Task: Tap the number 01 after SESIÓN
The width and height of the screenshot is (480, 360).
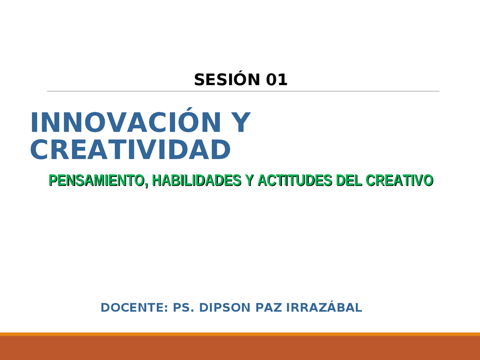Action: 277,80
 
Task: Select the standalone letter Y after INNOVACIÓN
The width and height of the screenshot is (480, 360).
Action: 239,123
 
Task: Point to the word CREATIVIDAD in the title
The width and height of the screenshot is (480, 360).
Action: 130,150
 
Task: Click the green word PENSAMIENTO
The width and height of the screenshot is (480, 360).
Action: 96,180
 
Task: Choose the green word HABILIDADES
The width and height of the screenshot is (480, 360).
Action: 196,180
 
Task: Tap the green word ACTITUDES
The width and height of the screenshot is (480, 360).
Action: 294,180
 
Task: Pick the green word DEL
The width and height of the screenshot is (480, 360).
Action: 349,180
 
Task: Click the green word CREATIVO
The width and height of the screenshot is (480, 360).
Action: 399,180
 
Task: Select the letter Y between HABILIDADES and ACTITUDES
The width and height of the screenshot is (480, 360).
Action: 249,180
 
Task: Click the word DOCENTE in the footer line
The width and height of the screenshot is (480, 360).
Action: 133,307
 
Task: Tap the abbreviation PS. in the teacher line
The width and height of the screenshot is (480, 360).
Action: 183,307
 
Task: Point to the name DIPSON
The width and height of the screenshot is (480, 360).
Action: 225,307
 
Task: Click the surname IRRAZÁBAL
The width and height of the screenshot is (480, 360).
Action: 324,307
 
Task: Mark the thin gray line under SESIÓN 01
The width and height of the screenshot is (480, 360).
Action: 243,91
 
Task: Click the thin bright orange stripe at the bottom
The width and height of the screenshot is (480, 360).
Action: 240,334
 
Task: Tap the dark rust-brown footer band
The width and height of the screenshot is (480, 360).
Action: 240,349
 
